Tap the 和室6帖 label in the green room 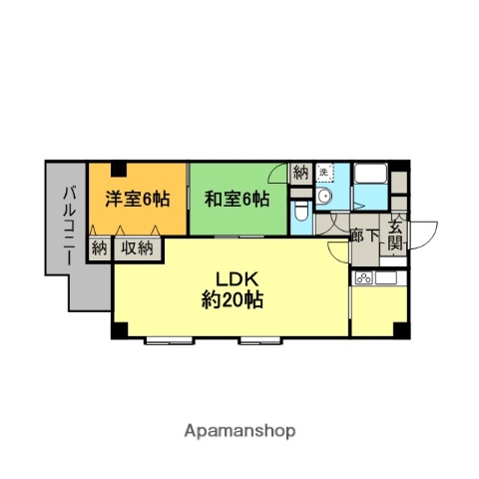[237, 199]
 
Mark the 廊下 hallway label [365, 237]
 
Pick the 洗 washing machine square [324, 173]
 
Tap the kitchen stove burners [363, 277]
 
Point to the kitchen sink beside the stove [387, 277]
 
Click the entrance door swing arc [426, 235]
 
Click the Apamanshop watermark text [239, 431]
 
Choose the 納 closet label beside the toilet [301, 173]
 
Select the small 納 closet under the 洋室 [99, 248]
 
